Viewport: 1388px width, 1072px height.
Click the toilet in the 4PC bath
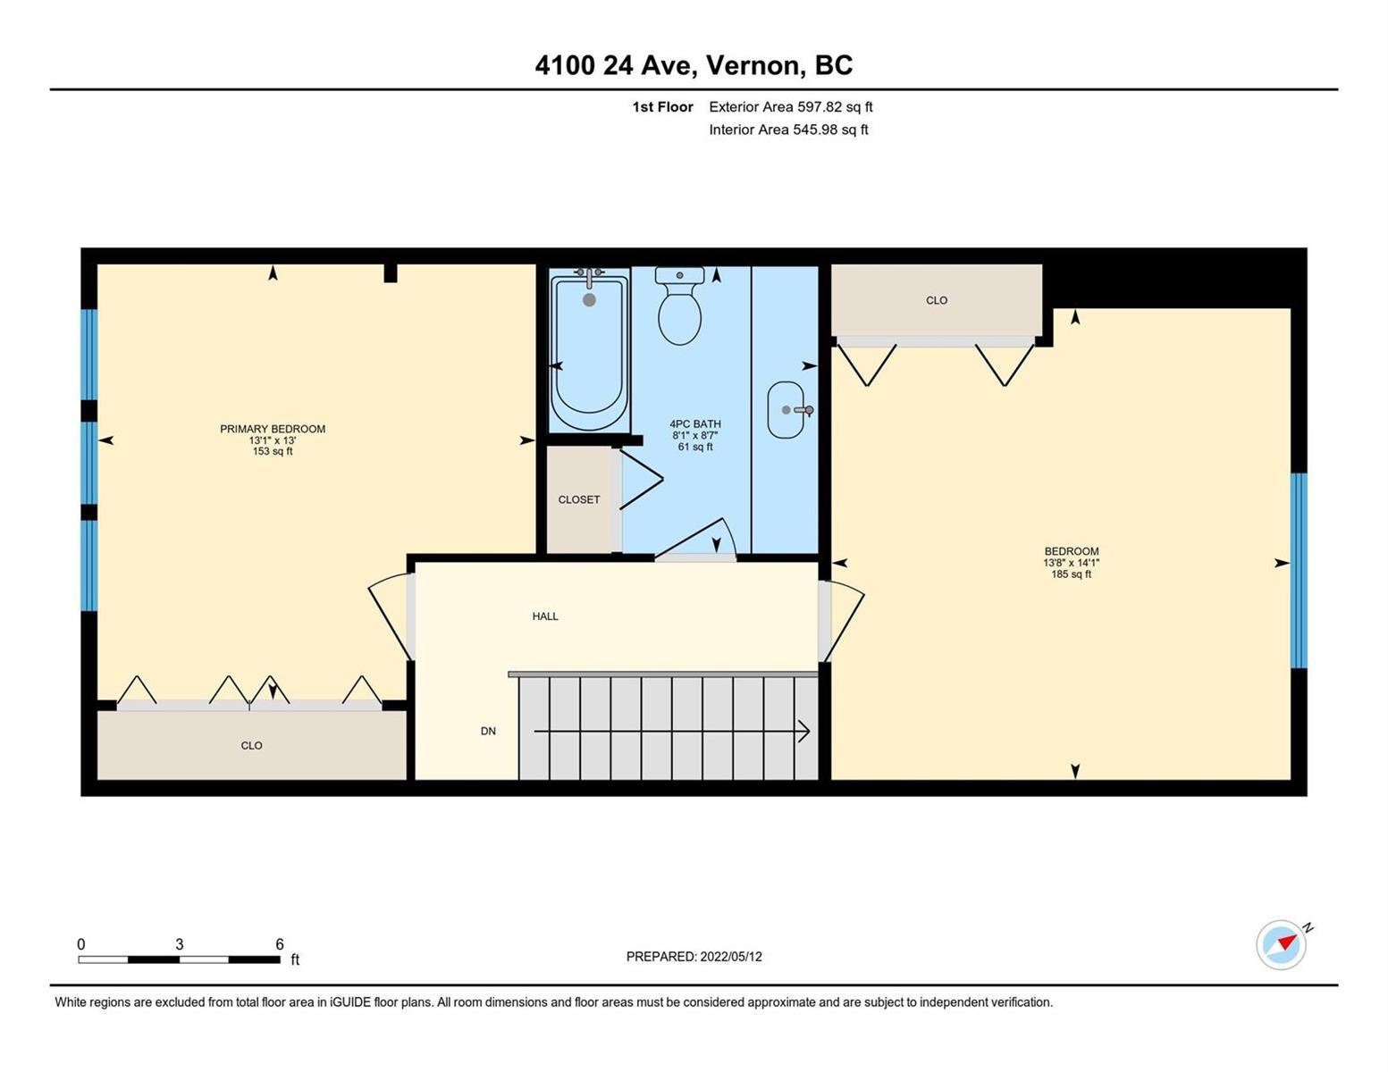tap(679, 306)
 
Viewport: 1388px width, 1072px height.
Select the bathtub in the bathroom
tap(589, 350)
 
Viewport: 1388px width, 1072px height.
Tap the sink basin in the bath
tap(786, 410)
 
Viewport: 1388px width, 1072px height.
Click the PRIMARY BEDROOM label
tap(273, 429)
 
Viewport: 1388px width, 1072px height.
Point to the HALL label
tap(545, 616)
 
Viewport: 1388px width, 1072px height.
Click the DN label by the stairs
tap(488, 731)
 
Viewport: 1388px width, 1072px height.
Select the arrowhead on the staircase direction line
tap(804, 731)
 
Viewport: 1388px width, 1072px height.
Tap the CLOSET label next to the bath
tap(579, 499)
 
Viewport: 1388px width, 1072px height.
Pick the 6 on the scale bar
tap(279, 943)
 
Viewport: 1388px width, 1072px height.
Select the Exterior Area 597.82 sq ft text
tap(790, 106)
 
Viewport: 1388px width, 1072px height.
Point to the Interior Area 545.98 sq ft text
tap(788, 130)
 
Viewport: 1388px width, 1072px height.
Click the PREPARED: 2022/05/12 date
tap(694, 957)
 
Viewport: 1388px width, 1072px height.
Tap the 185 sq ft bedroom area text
tap(1072, 574)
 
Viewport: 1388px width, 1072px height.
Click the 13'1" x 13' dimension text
tap(273, 440)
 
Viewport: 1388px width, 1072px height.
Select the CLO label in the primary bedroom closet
tap(251, 745)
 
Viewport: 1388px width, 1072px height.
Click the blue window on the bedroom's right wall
tap(1299, 570)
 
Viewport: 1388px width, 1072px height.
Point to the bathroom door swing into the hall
tap(696, 539)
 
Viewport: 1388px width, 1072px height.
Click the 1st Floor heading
tap(662, 106)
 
